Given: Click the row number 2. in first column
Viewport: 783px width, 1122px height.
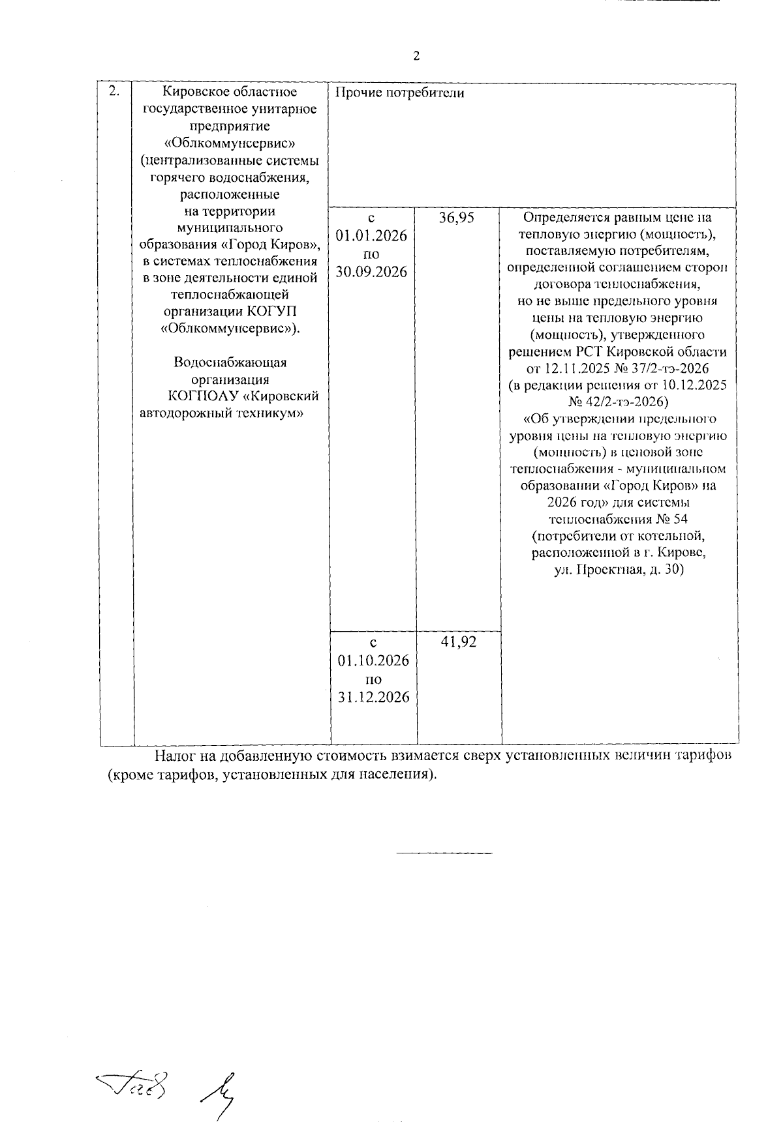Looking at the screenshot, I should pyautogui.click(x=114, y=91).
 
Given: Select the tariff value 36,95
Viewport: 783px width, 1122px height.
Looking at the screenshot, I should pyautogui.click(x=456, y=218).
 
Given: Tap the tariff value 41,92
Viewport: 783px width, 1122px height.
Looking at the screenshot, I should pyautogui.click(x=459, y=642).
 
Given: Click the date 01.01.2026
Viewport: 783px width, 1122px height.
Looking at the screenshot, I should pyautogui.click(x=371, y=235).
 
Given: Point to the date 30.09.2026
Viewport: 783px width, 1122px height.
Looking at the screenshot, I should pyautogui.click(x=371, y=272).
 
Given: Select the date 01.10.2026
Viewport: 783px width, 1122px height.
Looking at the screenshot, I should pyautogui.click(x=373, y=660).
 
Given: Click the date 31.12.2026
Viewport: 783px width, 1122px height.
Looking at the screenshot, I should pyautogui.click(x=373, y=697).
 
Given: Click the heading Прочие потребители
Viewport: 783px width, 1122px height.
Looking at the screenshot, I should pyautogui.click(x=399, y=93).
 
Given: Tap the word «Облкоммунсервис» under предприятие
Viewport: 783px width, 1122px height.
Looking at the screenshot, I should pyautogui.click(x=230, y=143).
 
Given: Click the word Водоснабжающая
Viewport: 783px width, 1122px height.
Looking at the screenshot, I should pyautogui.click(x=230, y=362).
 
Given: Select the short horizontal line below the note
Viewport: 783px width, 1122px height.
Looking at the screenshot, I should pyautogui.click(x=444, y=853).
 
